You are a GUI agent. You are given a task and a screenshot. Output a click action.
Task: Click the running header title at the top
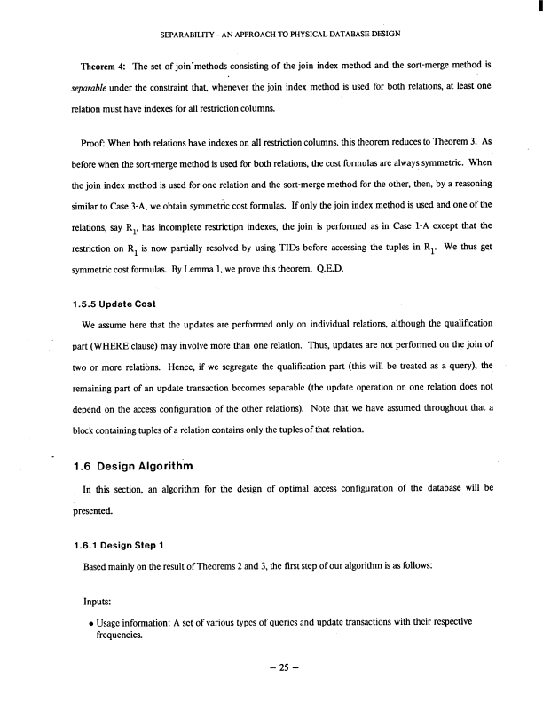coord(271,35)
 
